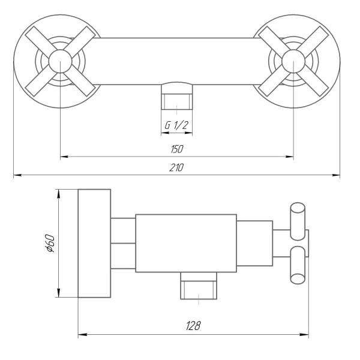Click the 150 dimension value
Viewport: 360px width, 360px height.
point(176,149)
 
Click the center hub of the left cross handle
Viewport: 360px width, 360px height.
point(61,62)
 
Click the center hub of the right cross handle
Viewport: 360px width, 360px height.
point(293,62)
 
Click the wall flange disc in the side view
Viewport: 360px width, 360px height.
point(95,243)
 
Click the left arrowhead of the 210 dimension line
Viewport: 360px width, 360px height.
point(16,176)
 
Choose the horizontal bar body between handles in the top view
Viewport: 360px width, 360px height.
point(176,62)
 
